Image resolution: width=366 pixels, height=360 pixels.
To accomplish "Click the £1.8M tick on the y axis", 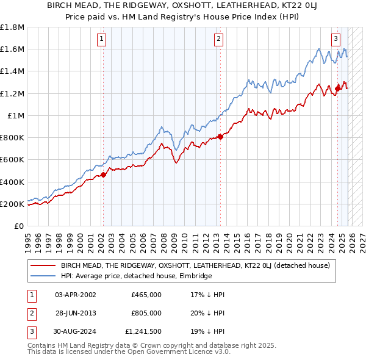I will pyautogui.click(x=13, y=27).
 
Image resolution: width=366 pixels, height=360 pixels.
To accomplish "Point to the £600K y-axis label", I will pyautogui.click(x=12, y=160).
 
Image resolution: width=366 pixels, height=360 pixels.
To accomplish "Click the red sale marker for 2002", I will pyautogui.click(x=103, y=175).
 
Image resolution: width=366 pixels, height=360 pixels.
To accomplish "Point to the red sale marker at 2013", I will pyautogui.click(x=220, y=137).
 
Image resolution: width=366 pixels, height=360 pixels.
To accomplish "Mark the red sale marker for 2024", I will pyautogui.click(x=337, y=88).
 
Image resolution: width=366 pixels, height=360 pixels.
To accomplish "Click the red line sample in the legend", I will pyautogui.click(x=43, y=265).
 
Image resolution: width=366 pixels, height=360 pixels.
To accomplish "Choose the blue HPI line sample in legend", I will pyautogui.click(x=43, y=276).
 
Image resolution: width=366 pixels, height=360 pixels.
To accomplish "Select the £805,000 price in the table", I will pyautogui.click(x=146, y=313).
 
